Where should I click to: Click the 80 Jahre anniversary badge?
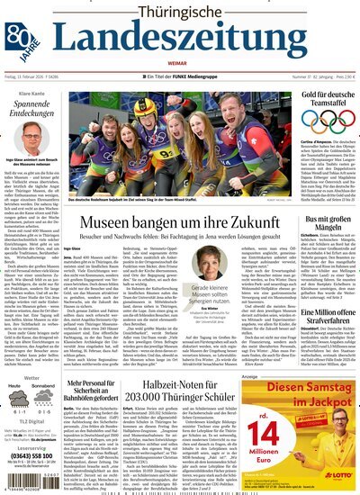tap(19, 36)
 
